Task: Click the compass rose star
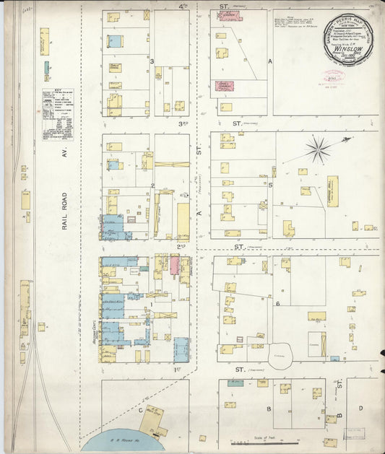317,150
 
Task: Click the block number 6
277,304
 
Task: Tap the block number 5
271,184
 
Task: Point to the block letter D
360,408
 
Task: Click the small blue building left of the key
46,67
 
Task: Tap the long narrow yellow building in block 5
332,191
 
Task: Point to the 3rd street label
183,123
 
